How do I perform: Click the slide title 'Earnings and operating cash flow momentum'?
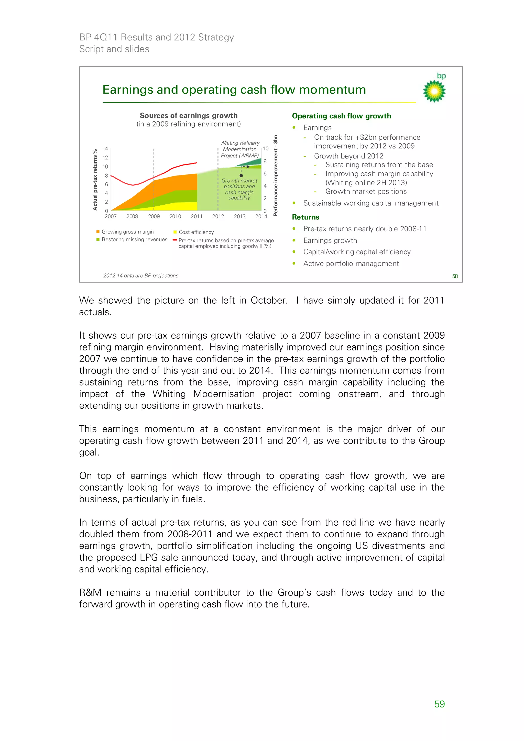(x=234, y=90)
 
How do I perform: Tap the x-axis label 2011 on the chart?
(x=196, y=217)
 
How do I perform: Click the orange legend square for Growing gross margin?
(x=98, y=232)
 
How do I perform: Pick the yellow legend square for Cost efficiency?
(x=175, y=232)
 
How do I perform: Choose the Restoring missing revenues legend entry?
(x=134, y=239)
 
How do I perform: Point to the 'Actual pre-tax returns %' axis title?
(x=95, y=180)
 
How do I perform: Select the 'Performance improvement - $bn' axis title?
(x=275, y=175)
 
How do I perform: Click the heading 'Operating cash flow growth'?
(x=341, y=116)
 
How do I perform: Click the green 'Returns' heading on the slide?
(x=305, y=217)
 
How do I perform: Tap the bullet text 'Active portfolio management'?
(x=351, y=264)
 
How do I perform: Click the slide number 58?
(x=455, y=276)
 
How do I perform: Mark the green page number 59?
(x=439, y=704)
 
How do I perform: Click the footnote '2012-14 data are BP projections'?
(x=141, y=276)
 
